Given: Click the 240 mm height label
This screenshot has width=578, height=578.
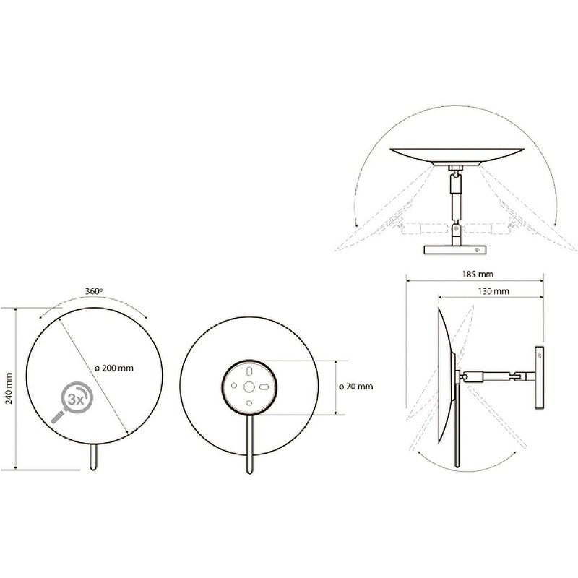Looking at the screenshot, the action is pyautogui.click(x=8, y=388).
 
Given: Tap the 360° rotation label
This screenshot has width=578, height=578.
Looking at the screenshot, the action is pyautogui.click(x=94, y=291).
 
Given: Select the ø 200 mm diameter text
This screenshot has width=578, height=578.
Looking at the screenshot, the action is pyautogui.click(x=114, y=368).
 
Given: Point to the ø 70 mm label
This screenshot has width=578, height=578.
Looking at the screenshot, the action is pyautogui.click(x=355, y=387).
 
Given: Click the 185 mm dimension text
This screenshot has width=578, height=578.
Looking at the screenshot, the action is pyautogui.click(x=478, y=275).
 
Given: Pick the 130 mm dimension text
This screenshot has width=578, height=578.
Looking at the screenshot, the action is pyautogui.click(x=493, y=291).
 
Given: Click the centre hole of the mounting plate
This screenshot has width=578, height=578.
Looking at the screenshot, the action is pyautogui.click(x=249, y=387).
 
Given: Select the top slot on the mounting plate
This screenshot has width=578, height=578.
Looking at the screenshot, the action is pyautogui.click(x=249, y=371).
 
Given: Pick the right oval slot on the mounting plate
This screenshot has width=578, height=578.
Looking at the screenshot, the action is pyautogui.click(x=264, y=387).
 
